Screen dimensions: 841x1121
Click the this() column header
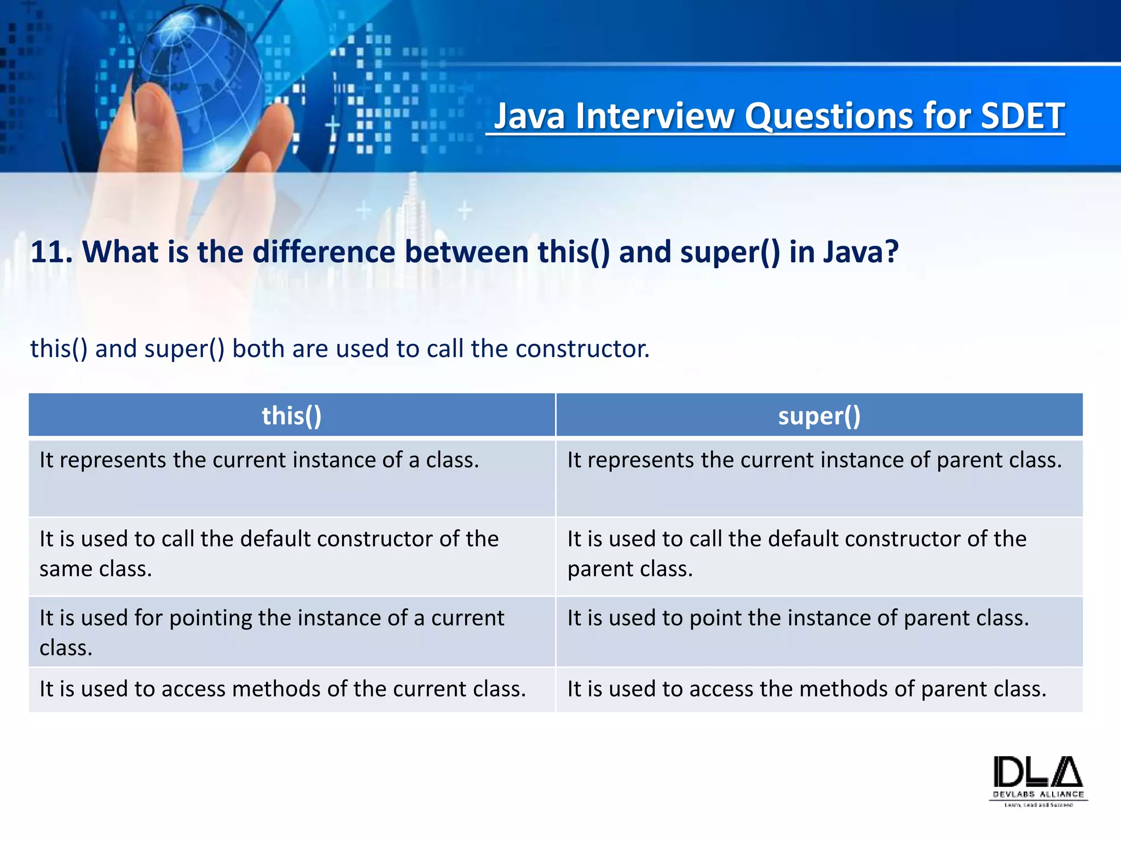coord(291,416)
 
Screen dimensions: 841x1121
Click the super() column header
coord(819,416)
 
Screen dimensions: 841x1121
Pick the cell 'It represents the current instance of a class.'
coord(259,460)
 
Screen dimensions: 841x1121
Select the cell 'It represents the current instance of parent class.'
coord(814,460)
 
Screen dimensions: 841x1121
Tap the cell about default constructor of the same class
coord(268,554)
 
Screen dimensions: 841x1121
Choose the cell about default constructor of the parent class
coord(796,554)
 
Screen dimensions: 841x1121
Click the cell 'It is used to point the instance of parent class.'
coord(798,618)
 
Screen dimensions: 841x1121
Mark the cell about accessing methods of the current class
coord(282,689)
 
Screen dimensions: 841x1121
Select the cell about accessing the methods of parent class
coord(806,689)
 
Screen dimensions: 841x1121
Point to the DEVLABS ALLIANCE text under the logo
coord(1038,794)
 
